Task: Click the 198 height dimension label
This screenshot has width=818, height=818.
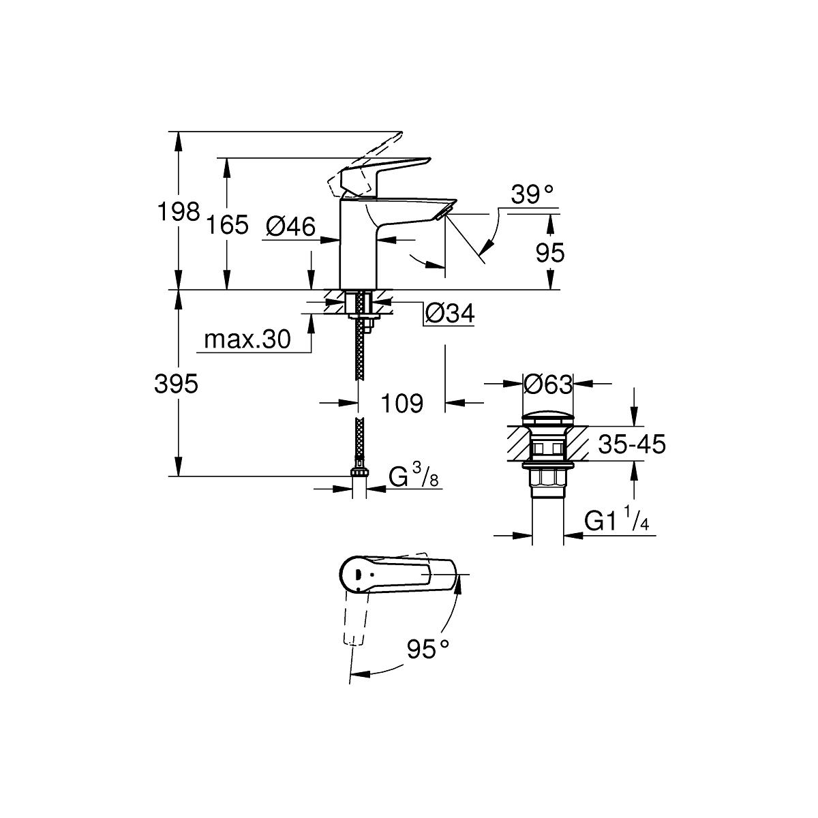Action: click(179, 212)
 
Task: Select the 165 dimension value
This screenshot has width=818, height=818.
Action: click(227, 225)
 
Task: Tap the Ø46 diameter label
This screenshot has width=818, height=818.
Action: click(291, 226)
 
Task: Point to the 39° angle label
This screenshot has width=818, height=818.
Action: click(532, 195)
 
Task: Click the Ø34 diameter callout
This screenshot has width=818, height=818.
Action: click(449, 314)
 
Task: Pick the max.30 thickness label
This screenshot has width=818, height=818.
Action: click(247, 339)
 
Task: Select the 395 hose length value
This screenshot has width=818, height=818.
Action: click(176, 384)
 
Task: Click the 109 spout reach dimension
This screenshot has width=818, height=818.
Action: click(402, 404)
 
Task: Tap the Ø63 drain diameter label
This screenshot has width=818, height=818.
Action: click(548, 384)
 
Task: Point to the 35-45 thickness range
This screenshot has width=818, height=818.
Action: click(632, 444)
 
